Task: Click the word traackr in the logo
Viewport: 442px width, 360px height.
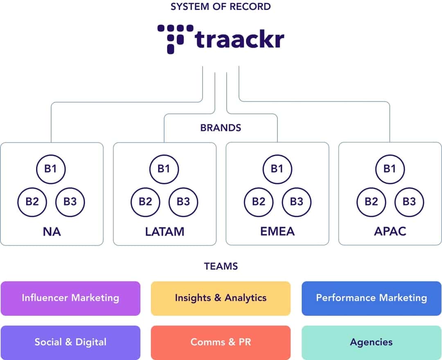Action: pyautogui.click(x=239, y=40)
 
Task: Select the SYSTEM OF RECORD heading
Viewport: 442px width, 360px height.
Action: pyautogui.click(x=221, y=7)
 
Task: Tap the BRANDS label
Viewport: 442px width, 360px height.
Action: pyautogui.click(x=221, y=128)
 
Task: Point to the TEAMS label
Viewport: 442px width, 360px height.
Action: pyautogui.click(x=221, y=266)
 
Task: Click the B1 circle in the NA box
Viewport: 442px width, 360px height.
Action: pyautogui.click(x=51, y=169)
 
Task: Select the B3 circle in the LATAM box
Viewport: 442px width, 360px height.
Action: pyautogui.click(x=183, y=201)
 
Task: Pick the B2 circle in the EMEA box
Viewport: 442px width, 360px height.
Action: pyautogui.click(x=259, y=201)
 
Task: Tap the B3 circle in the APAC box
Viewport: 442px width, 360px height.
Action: pyautogui.click(x=409, y=201)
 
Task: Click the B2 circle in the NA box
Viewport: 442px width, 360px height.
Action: pyautogui.click(x=32, y=201)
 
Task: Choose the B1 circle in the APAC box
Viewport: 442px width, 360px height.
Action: pyautogui.click(x=390, y=169)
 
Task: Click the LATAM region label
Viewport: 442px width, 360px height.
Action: pyautogui.click(x=165, y=232)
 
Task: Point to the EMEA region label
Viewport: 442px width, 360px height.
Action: pyautogui.click(x=277, y=232)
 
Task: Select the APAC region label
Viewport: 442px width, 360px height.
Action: pyautogui.click(x=390, y=232)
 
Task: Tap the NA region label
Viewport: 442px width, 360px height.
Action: pyautogui.click(x=52, y=232)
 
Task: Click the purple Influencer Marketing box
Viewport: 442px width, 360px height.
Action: pyautogui.click(x=70, y=298)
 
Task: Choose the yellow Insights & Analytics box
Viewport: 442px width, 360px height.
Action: pyautogui.click(x=221, y=298)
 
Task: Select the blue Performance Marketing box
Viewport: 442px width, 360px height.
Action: pyautogui.click(x=371, y=298)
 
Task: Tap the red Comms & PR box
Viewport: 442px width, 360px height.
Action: pyautogui.click(x=221, y=342)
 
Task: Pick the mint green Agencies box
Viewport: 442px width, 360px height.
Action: pyautogui.click(x=371, y=342)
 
